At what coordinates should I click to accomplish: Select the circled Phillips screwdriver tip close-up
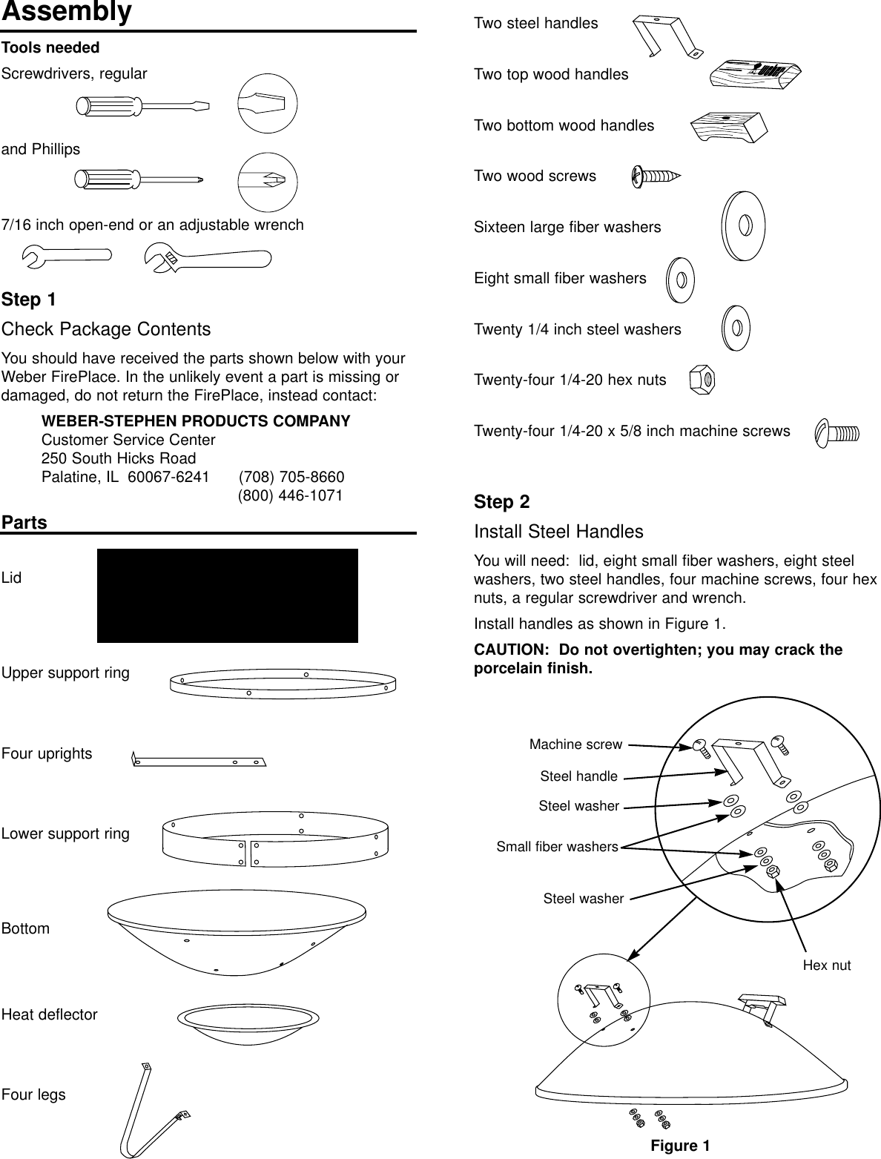pos(267,182)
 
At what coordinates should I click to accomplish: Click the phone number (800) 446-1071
pos(290,495)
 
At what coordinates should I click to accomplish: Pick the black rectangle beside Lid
pos(227,595)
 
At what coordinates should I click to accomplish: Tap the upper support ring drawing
pos(283,684)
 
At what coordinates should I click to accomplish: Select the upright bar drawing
pos(198,760)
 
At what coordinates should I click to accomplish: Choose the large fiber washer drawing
pos(742,225)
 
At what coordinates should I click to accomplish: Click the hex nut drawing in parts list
pos(702,380)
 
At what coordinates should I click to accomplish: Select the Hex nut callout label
pos(827,965)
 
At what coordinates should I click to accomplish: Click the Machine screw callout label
pos(575,744)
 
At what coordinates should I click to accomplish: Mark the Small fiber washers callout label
pos(557,847)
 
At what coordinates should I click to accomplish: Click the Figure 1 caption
pos(680,1146)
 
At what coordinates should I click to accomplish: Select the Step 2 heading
pos(501,502)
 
